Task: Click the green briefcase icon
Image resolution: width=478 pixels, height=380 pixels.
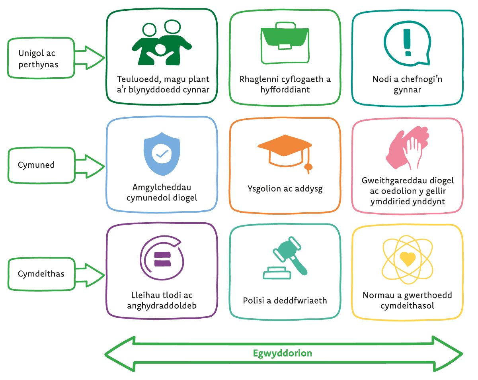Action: coord(285,44)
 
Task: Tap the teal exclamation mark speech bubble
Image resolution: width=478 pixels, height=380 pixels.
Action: coord(407,43)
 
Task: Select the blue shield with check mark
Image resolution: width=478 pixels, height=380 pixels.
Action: coord(162,154)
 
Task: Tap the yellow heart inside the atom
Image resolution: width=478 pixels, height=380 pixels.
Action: coord(407,259)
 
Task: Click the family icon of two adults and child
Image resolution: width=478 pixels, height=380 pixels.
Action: coord(161,44)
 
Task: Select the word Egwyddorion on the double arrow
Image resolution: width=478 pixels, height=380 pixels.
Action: coord(283,353)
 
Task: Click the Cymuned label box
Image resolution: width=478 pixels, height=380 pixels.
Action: coord(41,165)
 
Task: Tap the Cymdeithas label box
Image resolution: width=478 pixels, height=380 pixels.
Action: coord(41,274)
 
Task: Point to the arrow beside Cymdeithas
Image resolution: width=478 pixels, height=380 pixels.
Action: coord(90,274)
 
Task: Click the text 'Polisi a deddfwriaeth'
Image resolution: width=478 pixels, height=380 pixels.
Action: coord(285,301)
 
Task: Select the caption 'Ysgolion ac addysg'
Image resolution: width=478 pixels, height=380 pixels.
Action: coord(285,189)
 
